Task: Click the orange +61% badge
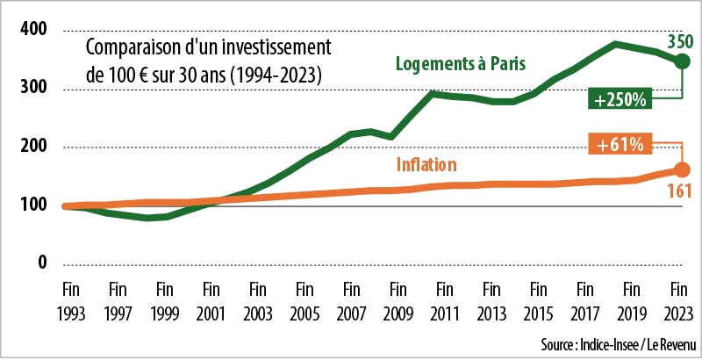click(621, 144)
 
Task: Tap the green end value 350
click(679, 40)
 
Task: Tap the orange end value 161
click(680, 191)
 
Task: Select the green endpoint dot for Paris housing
click(682, 62)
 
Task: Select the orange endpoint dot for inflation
click(682, 169)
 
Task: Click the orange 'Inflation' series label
click(427, 163)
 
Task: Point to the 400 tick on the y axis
click(32, 30)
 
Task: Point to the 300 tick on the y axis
click(32, 89)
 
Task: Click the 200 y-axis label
click(32, 148)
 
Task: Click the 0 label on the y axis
click(41, 263)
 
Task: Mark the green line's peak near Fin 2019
click(617, 44)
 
